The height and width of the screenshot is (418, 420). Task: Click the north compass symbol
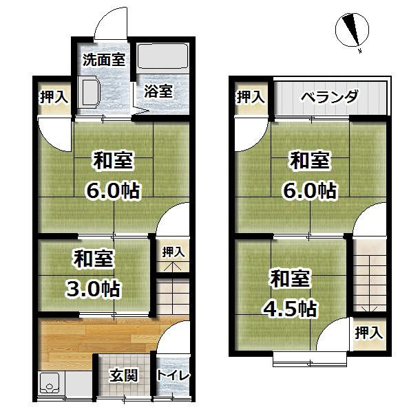(x=353, y=30)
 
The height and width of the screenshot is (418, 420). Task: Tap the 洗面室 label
(x=104, y=60)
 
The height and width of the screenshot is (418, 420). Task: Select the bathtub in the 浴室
(x=162, y=56)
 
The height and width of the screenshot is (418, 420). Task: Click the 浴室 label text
(x=158, y=91)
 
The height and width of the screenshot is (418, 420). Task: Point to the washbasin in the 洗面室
(x=88, y=92)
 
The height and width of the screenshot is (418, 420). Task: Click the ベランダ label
(x=330, y=96)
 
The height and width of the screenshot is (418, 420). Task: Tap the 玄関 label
(x=124, y=375)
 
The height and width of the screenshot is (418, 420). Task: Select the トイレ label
(x=173, y=375)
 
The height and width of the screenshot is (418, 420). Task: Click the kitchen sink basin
(x=50, y=383)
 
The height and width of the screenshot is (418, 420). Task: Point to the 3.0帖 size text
(x=93, y=289)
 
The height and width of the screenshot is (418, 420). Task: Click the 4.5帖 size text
(x=290, y=309)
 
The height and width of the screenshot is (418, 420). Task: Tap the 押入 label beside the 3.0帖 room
(x=174, y=252)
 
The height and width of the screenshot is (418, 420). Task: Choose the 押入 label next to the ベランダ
(x=251, y=96)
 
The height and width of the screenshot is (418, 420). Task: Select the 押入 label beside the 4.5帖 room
(x=369, y=333)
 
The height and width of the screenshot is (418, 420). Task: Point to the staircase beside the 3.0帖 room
(x=173, y=296)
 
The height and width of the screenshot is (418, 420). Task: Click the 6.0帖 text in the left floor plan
(x=113, y=190)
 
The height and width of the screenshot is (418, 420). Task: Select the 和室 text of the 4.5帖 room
(x=290, y=278)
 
